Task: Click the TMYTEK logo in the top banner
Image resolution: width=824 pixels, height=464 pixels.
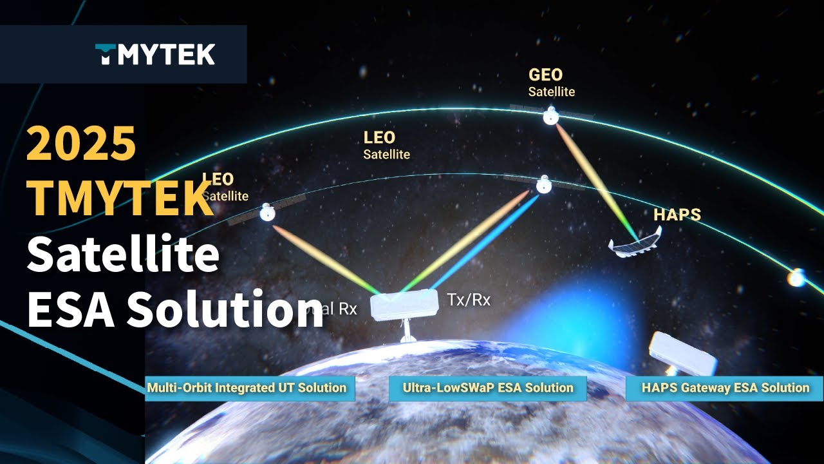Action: tap(155, 55)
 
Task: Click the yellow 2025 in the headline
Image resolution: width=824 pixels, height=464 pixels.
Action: tap(81, 143)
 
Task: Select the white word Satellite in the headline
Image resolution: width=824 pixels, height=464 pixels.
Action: tap(122, 255)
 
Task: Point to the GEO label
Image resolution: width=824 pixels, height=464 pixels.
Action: tap(545, 75)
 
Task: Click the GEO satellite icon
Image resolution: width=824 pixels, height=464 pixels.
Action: tap(550, 117)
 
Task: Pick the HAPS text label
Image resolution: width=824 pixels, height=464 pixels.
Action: tap(677, 215)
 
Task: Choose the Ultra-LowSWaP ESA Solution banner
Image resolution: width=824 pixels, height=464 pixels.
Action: tap(487, 388)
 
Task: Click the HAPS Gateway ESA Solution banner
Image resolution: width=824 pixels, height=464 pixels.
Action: tap(724, 388)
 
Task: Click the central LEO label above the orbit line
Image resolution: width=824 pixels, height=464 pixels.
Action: tap(380, 137)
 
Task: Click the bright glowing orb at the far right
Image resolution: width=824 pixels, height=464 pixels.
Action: tap(797, 278)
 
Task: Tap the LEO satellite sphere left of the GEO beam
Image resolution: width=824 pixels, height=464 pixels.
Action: tap(545, 186)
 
